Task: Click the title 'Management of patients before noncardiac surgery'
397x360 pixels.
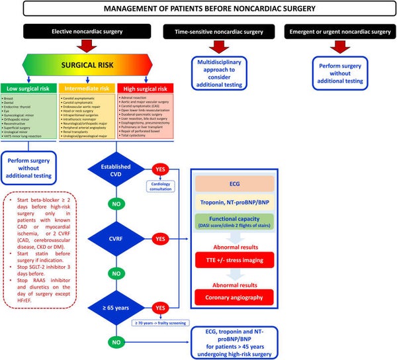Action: (198, 9)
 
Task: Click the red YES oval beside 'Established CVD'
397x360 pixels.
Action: (161, 169)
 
